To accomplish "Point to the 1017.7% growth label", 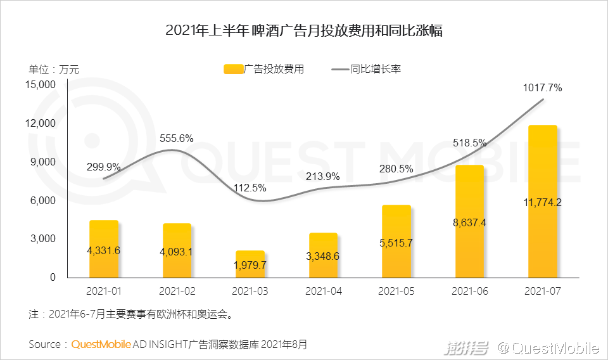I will click(542, 88).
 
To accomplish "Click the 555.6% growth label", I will click(177, 139).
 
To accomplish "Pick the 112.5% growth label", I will click(250, 188).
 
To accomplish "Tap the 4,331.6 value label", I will click(103, 250).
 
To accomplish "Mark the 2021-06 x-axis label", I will click(469, 292).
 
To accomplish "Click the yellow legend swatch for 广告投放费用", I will click(233, 69).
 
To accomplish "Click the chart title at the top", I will click(303, 30).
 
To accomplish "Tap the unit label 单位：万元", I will click(54, 69).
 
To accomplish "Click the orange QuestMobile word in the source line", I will click(101, 345).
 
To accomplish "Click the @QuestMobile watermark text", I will click(547, 347).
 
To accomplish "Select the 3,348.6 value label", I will click(323, 256).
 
